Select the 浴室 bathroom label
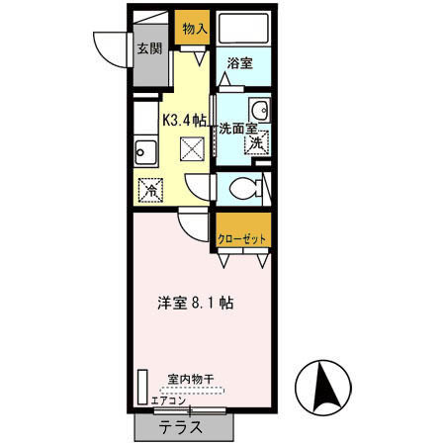[239, 63]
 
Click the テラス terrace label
[182, 428]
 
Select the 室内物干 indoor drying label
[190, 378]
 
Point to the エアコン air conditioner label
[168, 400]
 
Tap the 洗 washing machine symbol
[256, 144]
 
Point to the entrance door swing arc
[107, 49]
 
